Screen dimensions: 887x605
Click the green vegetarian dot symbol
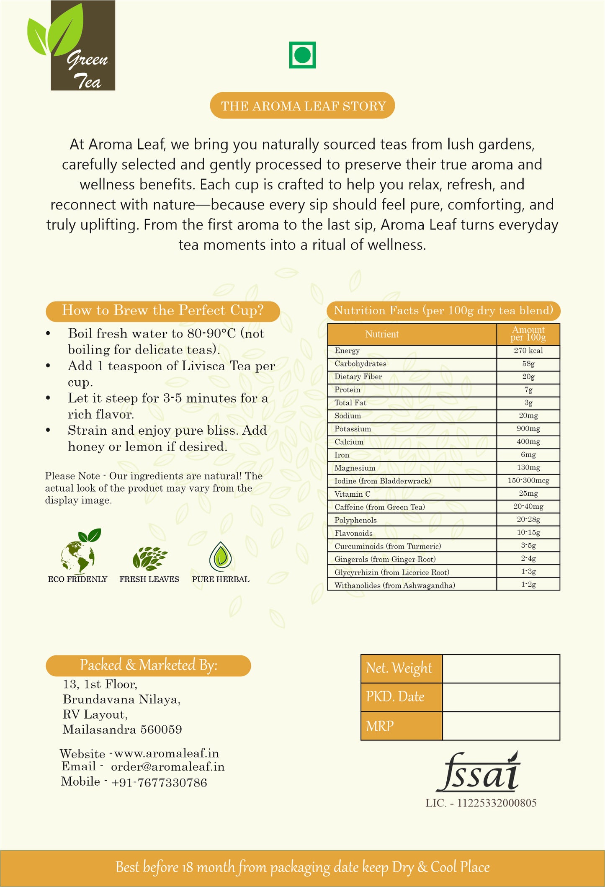point(302,55)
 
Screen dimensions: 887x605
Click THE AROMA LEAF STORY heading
point(302,106)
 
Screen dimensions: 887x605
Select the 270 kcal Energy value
point(528,351)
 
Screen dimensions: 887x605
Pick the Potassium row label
point(353,429)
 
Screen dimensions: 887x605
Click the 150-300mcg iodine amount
point(528,480)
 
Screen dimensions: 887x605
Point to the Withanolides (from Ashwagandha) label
point(394,585)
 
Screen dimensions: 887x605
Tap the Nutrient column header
point(381,334)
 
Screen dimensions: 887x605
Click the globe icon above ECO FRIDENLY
point(79,553)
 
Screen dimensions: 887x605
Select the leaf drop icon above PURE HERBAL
point(220,557)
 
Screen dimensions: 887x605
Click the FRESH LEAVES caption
point(149,579)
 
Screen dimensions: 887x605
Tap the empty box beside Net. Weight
point(501,668)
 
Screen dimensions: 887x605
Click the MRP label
point(380,726)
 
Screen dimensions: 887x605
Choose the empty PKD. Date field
point(501,697)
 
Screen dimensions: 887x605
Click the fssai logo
point(479,773)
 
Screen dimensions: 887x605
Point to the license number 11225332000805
point(497,803)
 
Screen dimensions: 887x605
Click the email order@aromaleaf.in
point(167,767)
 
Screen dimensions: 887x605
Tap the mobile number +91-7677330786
point(159,782)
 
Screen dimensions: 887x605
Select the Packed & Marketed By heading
point(148,665)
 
